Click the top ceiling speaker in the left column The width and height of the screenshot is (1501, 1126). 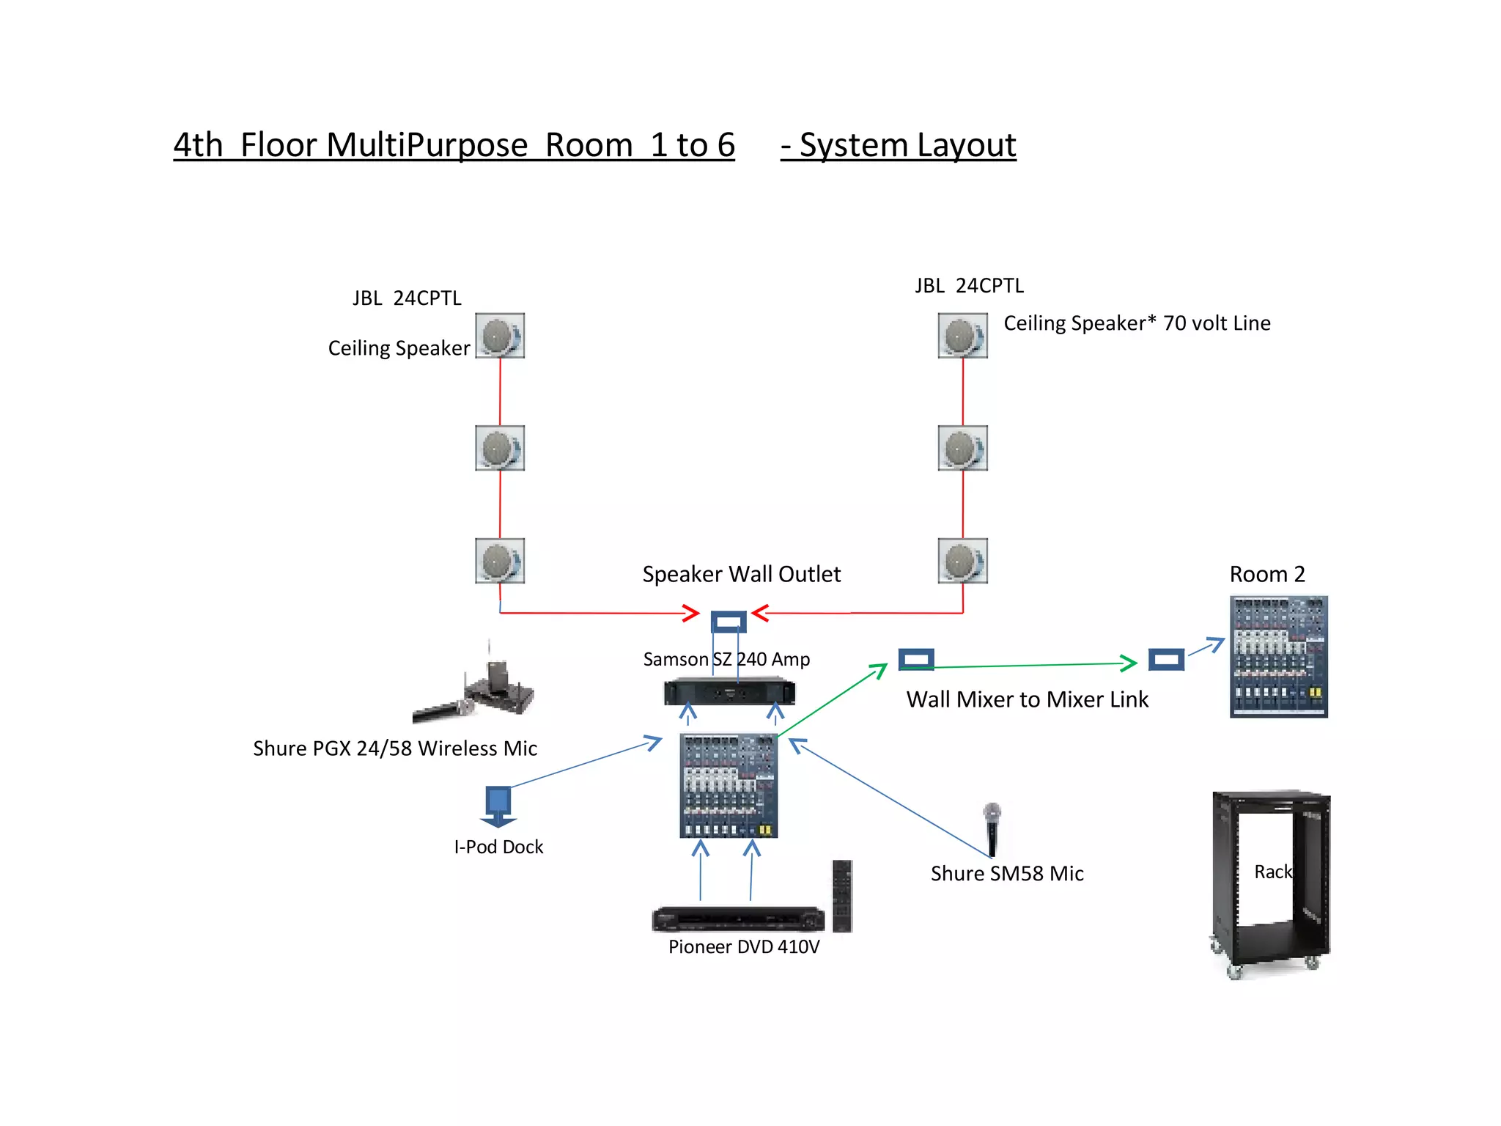tap(499, 336)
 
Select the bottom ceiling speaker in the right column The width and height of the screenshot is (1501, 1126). tap(962, 561)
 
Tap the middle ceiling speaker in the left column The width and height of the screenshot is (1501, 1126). tap(499, 448)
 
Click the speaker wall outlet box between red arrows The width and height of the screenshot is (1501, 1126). tap(729, 622)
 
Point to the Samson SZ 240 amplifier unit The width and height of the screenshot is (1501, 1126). tap(729, 691)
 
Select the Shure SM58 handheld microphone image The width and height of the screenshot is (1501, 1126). tap(992, 828)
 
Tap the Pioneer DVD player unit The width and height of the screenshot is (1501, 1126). tap(738, 919)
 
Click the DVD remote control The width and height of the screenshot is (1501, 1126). tap(842, 896)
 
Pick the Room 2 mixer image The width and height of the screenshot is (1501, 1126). tap(1278, 656)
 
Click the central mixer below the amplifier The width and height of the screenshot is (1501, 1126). tap(729, 785)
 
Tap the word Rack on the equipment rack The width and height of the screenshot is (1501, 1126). tap(1272, 872)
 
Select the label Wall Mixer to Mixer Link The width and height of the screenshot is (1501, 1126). tap(1027, 699)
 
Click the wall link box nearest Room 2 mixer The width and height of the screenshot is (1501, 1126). tap(1166, 659)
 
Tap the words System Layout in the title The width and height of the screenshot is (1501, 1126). tap(907, 145)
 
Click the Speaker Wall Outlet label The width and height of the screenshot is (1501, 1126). tap(741, 574)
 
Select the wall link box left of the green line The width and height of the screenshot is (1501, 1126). tap(916, 659)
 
